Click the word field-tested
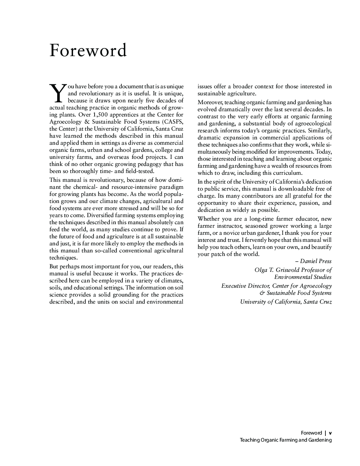click(x=139, y=171)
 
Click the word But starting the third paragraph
click(x=54, y=267)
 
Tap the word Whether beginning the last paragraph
click(x=209, y=219)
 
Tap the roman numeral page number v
click(x=330, y=433)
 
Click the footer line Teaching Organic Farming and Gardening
click(x=286, y=440)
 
